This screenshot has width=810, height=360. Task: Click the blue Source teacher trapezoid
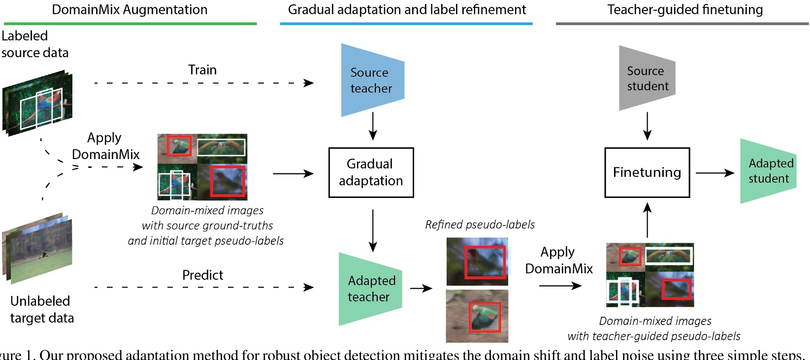point(372,80)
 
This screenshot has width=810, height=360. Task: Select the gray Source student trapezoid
point(647,78)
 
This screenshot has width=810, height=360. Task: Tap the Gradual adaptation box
point(371,172)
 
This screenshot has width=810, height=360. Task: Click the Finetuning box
point(647,172)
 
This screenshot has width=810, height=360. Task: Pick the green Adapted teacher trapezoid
point(370,289)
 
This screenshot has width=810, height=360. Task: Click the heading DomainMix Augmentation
point(130,10)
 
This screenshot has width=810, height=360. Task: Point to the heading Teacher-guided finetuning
point(685,10)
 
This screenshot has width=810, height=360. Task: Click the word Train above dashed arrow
point(202,70)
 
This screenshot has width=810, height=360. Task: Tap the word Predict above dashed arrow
point(202,275)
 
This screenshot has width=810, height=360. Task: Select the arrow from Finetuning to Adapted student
point(714,173)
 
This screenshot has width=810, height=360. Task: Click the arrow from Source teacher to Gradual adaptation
point(373,127)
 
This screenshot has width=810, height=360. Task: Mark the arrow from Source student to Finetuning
point(647,127)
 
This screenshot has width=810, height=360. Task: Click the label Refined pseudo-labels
point(480,225)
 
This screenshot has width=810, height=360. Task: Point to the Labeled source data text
point(34,44)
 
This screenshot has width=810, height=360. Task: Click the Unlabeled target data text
point(42,309)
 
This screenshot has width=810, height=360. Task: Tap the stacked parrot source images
point(37,103)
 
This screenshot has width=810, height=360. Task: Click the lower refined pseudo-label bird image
point(477,316)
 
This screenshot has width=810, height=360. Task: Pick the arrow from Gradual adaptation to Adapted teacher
point(373,230)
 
